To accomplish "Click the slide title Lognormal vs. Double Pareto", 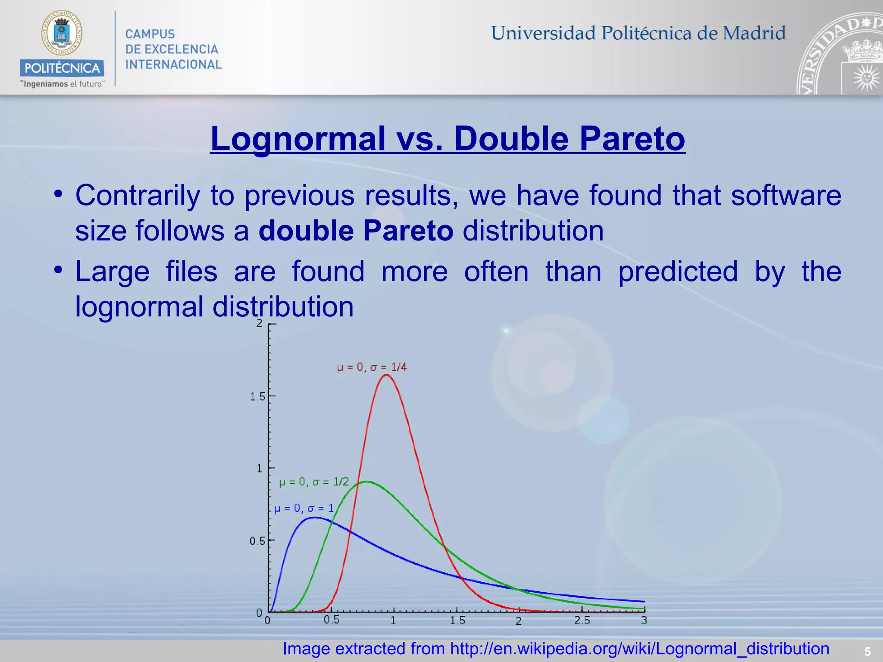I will (x=448, y=139).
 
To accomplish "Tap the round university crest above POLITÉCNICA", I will (x=62, y=33).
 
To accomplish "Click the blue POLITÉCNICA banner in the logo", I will (x=62, y=68).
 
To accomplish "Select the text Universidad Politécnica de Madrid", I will (x=638, y=33).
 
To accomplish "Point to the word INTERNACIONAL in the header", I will (x=173, y=65).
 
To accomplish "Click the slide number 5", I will (x=867, y=652).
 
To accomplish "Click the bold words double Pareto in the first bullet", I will (x=356, y=231).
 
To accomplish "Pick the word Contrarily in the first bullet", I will (x=138, y=195).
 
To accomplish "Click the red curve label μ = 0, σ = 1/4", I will (x=372, y=367).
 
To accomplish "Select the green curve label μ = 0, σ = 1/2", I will (x=314, y=482).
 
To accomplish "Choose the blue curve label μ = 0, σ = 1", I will (x=304, y=509).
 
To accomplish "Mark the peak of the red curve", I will (x=386, y=375).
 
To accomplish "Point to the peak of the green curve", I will (x=366, y=482).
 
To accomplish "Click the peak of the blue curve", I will (x=315, y=517).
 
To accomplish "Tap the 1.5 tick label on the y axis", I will (x=257, y=397).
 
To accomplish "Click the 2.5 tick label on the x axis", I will (x=582, y=621).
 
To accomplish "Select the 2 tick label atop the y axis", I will (x=259, y=323).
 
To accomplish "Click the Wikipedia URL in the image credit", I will (x=639, y=649).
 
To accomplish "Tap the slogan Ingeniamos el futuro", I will (x=63, y=84).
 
